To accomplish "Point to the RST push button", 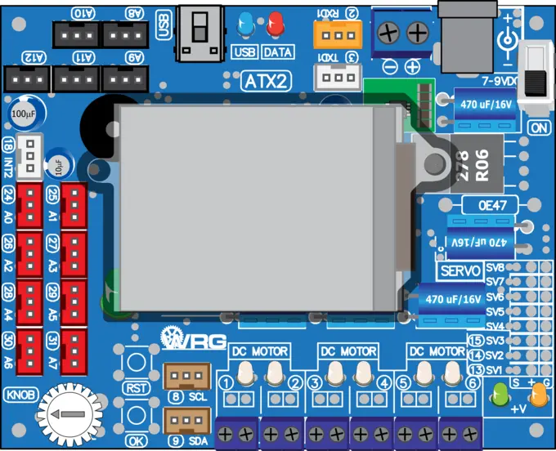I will click(x=136, y=363).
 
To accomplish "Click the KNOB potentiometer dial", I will click(x=68, y=414).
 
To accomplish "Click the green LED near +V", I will click(x=498, y=398).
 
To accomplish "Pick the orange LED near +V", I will click(x=538, y=397).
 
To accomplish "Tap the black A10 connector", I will click(x=77, y=33).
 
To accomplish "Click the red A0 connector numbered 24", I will click(x=30, y=205).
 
